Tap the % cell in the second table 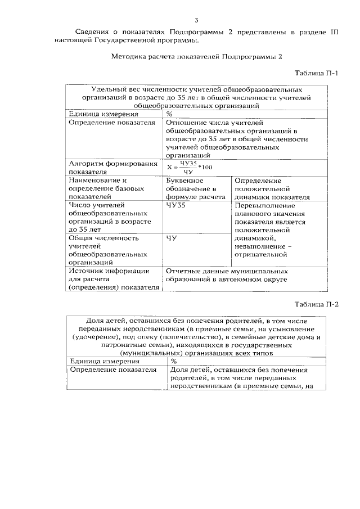pyautogui.click(x=174, y=362)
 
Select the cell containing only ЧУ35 pyautogui.click(x=175, y=206)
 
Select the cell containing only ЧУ pyautogui.click(x=172, y=238)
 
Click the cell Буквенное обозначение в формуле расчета pyautogui.click(x=192, y=189)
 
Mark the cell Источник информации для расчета pyautogui.click(x=112, y=279)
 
